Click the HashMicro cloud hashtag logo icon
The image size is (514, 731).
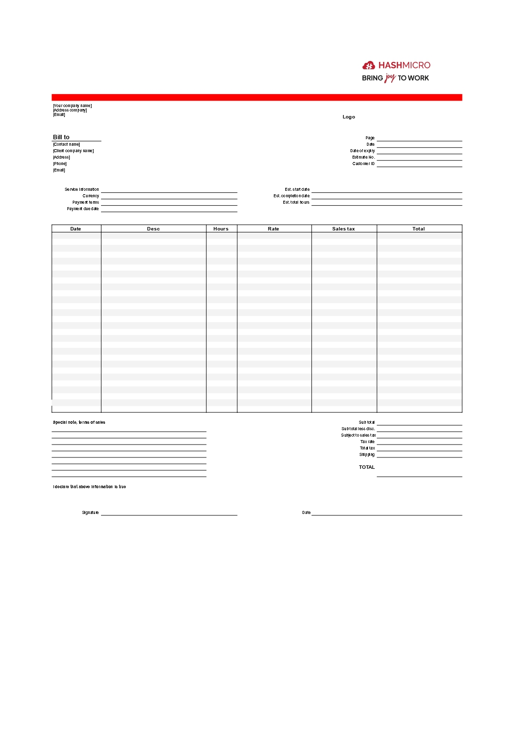click(x=368, y=65)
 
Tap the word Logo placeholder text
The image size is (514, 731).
click(x=349, y=117)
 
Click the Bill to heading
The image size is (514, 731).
click(x=61, y=137)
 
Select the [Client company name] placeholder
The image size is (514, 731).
click(x=73, y=151)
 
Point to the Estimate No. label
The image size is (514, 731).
click(x=363, y=157)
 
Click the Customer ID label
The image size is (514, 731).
click(x=363, y=164)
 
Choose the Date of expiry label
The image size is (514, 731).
click(x=362, y=151)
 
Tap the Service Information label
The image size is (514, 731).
click(x=82, y=189)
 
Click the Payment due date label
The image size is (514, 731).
click(x=83, y=209)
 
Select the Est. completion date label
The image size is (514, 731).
click(x=291, y=196)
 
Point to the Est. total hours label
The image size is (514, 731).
click(x=296, y=202)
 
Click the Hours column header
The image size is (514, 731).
click(x=221, y=229)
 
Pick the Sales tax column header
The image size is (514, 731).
click(x=344, y=229)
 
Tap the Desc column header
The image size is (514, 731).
click(x=154, y=229)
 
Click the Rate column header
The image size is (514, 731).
click(x=273, y=229)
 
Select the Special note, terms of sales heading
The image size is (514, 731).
click(x=79, y=422)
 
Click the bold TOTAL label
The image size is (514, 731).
click(x=367, y=467)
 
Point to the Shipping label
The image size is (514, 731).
click(x=367, y=454)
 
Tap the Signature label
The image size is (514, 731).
click(x=90, y=512)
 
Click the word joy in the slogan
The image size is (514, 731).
click(x=390, y=78)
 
